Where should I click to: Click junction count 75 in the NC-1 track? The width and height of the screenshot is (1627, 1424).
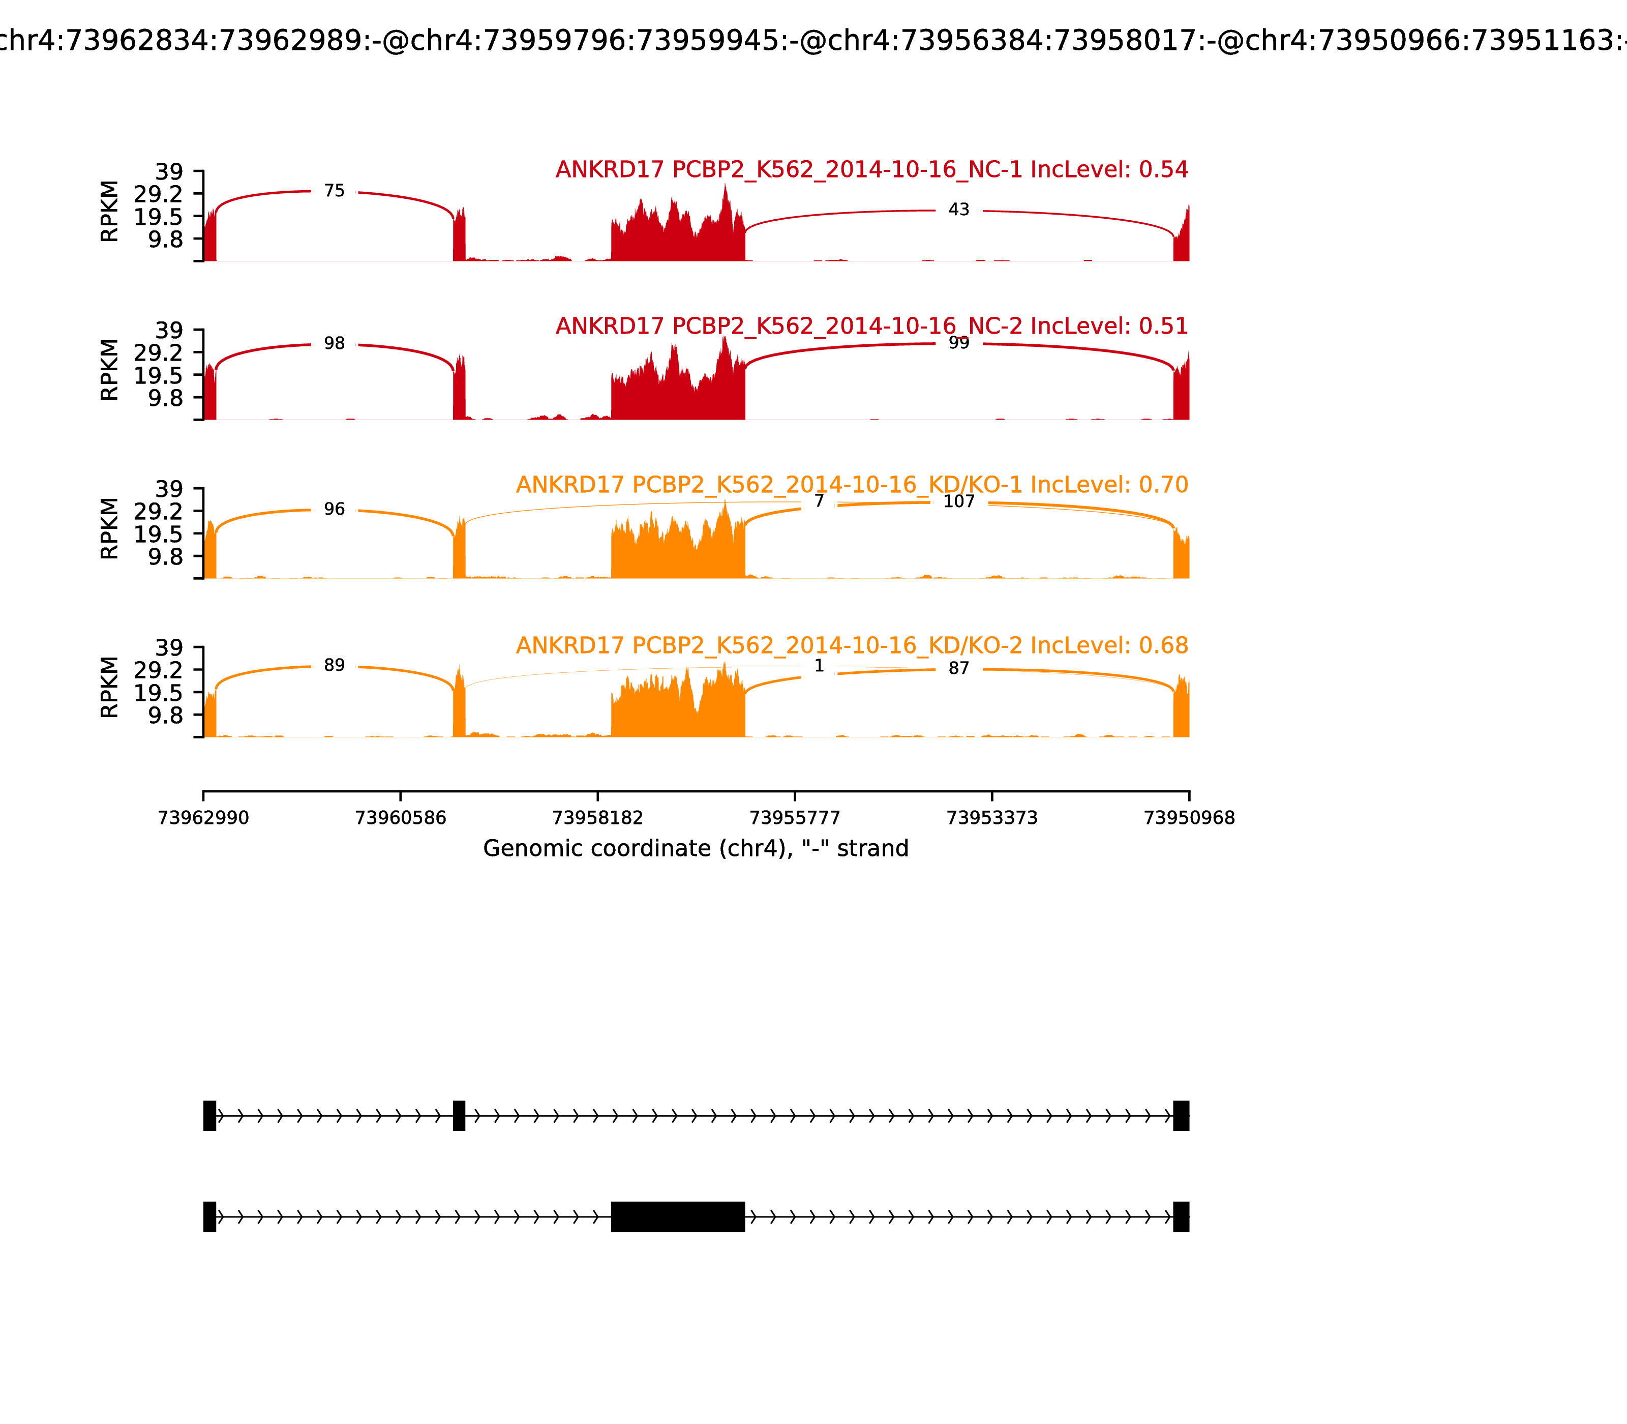click(x=335, y=192)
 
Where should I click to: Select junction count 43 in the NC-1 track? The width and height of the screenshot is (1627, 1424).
click(x=959, y=210)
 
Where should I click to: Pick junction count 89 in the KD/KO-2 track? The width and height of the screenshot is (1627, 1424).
click(x=335, y=666)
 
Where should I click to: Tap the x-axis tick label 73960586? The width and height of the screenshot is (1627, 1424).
click(x=401, y=818)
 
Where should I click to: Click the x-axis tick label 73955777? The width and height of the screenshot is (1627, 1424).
click(x=794, y=818)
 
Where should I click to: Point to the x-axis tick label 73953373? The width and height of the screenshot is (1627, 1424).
click(x=991, y=818)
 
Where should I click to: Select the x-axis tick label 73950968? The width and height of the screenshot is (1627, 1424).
click(x=1189, y=818)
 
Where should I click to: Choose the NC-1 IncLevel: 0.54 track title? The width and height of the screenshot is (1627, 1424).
click(x=871, y=170)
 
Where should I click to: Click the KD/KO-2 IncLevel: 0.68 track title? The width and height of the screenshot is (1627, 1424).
click(x=852, y=646)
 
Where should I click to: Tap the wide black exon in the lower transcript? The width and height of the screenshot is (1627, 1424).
click(x=678, y=1217)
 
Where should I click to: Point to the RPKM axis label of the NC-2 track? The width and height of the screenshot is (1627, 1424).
click(x=110, y=370)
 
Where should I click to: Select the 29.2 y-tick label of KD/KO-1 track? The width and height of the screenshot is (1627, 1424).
click(x=158, y=511)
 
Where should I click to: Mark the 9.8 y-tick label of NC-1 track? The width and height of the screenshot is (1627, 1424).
click(x=165, y=239)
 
